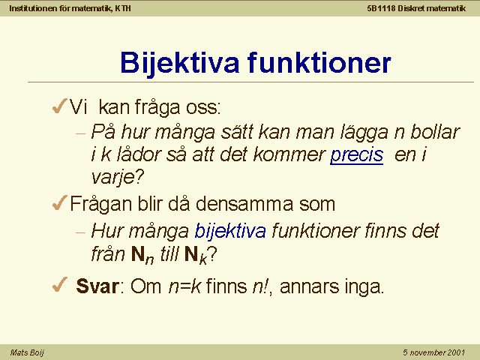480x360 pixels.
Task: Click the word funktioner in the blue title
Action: [319, 62]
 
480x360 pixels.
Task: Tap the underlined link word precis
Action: [357, 155]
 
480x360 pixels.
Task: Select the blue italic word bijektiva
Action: [230, 230]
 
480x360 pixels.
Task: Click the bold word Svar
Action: [97, 286]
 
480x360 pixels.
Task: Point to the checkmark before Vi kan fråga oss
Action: [59, 106]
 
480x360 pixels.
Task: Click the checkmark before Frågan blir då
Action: [59, 203]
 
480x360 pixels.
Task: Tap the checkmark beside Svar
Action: [59, 285]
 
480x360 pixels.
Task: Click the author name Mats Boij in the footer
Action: [27, 352]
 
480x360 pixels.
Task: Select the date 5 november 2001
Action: [433, 352]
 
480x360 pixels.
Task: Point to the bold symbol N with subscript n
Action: [142, 255]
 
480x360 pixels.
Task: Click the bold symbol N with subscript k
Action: [196, 255]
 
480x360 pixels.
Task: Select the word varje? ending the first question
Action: [118, 177]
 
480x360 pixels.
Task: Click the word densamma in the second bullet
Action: [244, 203]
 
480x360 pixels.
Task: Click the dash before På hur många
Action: [80, 133]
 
